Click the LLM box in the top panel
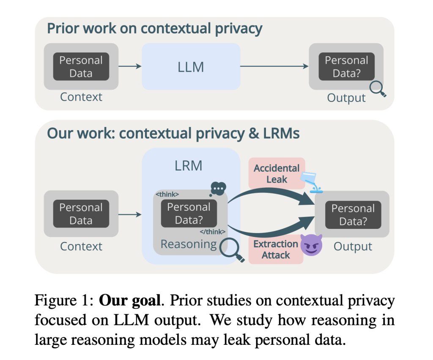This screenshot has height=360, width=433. pos(191,66)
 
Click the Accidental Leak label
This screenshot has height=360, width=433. pos(277,173)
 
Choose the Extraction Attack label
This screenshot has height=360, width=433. pos(276,250)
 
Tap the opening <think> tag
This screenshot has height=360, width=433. pos(167,195)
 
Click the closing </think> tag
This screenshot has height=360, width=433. pos(212,231)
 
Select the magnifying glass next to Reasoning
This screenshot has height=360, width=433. pos(232,250)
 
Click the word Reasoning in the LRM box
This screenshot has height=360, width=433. pos(188,244)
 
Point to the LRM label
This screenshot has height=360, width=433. pos(189,165)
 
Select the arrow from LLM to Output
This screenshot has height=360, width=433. pos(274,66)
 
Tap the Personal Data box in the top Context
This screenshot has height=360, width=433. pos(81,66)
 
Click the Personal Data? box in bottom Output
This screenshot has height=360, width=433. pos(353,215)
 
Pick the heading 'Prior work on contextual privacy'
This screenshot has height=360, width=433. pos(154,29)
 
